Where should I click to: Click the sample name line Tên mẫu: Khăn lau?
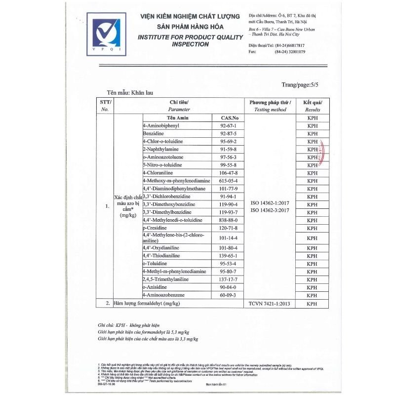132,92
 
